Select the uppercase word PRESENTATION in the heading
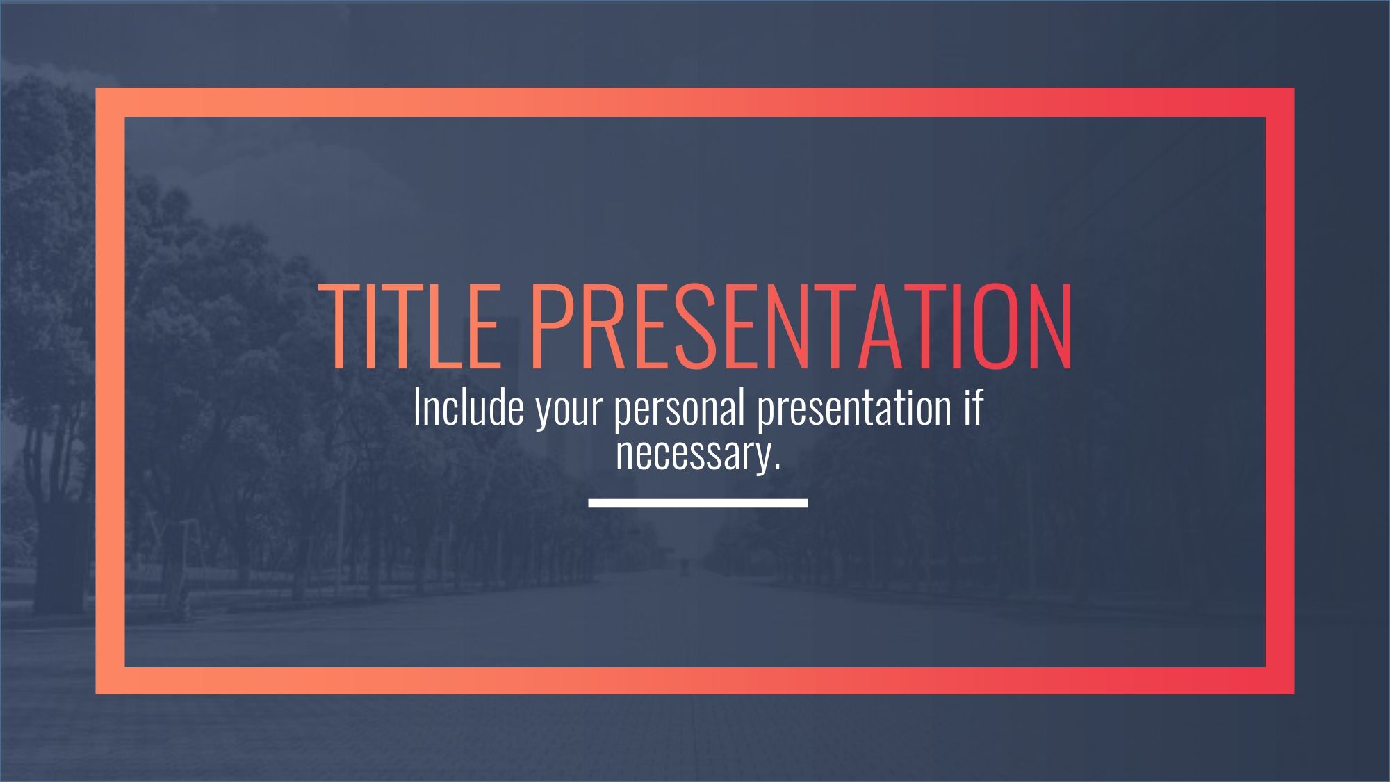point(801,325)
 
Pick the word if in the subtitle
point(973,407)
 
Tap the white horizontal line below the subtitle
point(698,503)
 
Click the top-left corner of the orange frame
point(97,89)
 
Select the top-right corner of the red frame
point(1293,89)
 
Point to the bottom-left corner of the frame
point(97,693)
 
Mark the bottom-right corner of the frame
point(1293,693)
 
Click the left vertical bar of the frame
point(110,391)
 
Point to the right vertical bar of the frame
point(1279,391)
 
